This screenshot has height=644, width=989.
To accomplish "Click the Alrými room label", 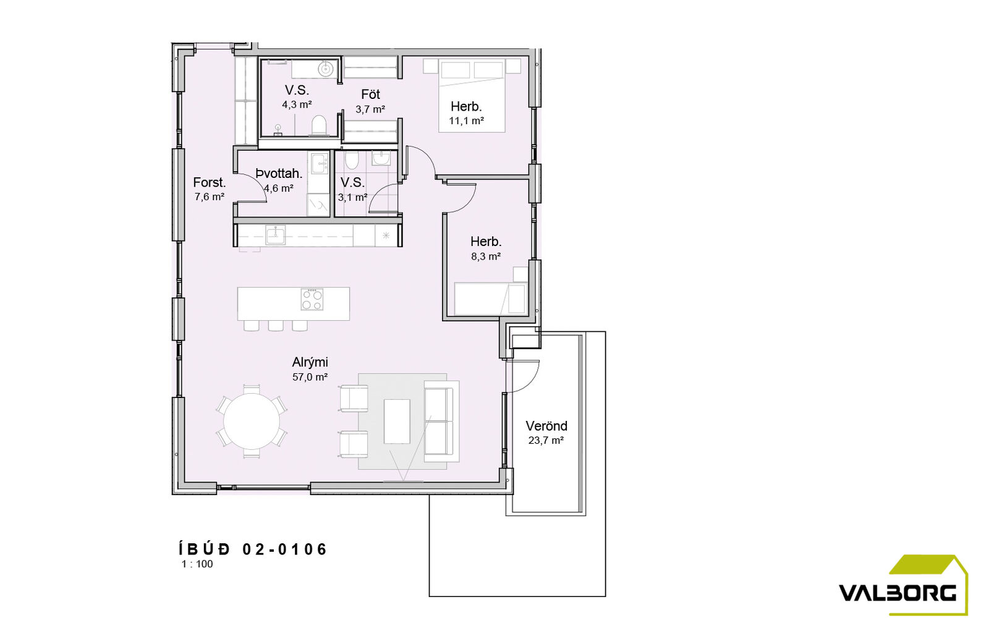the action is pos(310,363).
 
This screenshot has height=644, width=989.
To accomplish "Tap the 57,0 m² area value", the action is pos(310,377).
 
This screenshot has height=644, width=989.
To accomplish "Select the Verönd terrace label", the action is pos(546,426).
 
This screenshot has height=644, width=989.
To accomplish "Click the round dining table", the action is pos(252,421).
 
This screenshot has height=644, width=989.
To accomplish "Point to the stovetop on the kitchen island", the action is pos(312,299).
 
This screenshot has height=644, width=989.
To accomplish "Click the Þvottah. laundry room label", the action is pos(279,174).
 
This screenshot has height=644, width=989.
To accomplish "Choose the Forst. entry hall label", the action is pos(210,182).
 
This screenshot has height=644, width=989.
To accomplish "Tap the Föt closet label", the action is pos(370,94).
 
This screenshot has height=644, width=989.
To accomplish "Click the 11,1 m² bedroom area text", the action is pos(466,121).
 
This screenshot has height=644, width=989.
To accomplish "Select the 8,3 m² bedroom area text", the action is pos(486,256).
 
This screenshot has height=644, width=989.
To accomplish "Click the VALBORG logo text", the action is pos(897,592).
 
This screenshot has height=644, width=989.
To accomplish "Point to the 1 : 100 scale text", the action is pos(197,564).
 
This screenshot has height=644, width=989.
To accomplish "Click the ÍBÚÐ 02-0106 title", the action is pos(253,549).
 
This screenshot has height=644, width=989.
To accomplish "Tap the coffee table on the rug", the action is pos(397,421).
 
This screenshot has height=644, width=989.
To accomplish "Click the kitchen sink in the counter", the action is pos(275,235).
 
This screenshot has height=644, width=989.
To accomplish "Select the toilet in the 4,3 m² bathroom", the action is pos(319,124).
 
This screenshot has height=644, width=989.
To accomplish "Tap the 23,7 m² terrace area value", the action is pos(546,441).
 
